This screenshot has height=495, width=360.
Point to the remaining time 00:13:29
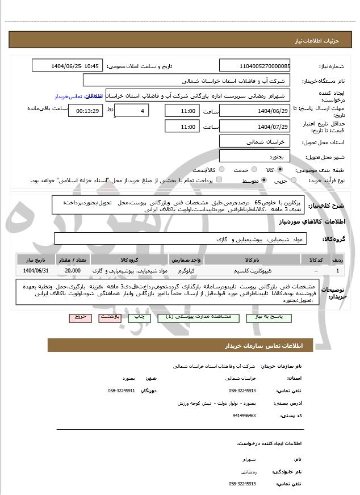pos(86,110)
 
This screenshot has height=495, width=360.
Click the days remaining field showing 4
pos(132,110)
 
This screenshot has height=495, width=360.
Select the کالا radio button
pos(281,170)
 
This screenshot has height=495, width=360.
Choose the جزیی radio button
pos(294,181)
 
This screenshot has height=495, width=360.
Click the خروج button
pos(79,318)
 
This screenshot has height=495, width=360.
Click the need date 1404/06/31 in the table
pos(36,271)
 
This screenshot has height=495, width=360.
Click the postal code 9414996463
pos(244,416)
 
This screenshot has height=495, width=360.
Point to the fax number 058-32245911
pos(122,391)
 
